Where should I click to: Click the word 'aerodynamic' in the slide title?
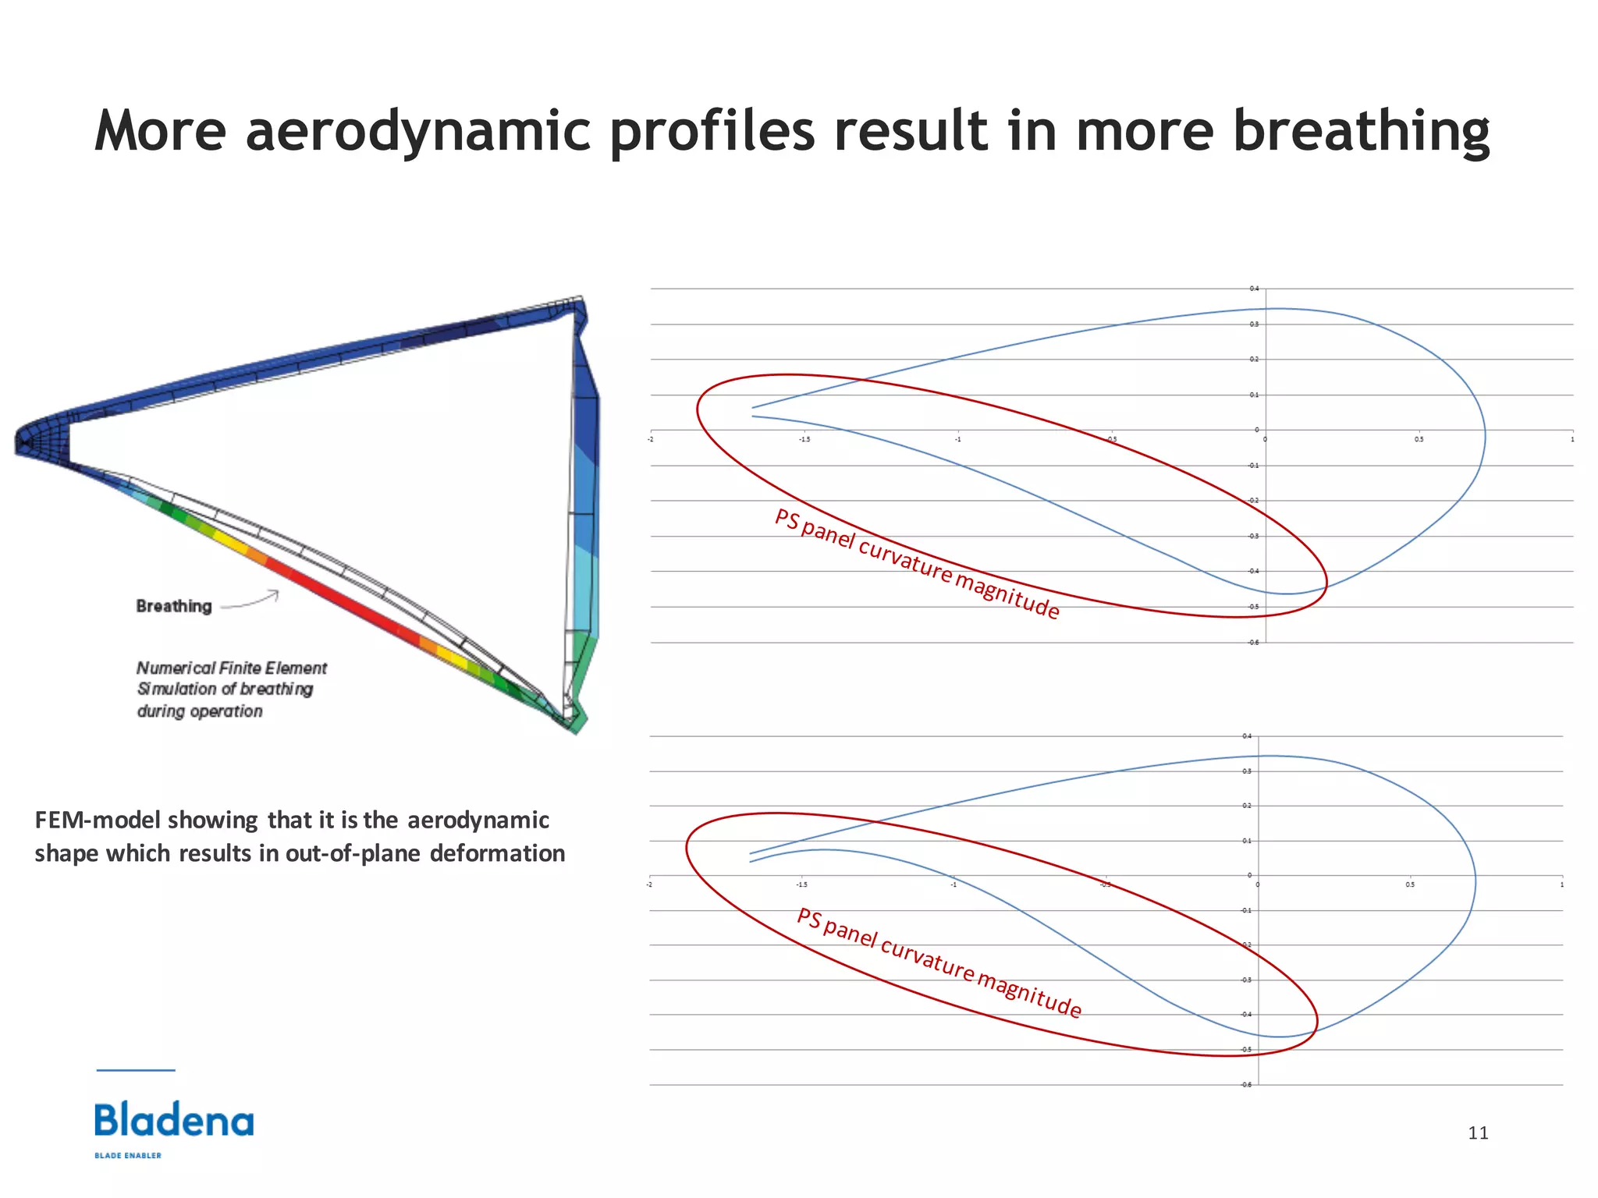click(x=417, y=131)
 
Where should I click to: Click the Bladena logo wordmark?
click(x=174, y=1121)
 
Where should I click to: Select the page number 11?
click(x=1478, y=1133)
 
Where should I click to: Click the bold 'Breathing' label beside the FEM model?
click(x=174, y=606)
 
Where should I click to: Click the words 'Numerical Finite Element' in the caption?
click(x=232, y=668)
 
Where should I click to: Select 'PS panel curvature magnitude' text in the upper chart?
click(x=917, y=563)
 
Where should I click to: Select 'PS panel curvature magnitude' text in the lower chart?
click(x=939, y=963)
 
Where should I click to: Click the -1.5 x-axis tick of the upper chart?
click(x=804, y=440)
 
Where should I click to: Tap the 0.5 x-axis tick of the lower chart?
click(x=1409, y=885)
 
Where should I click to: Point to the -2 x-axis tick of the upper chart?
click(x=651, y=440)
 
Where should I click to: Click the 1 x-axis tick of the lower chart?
click(x=1561, y=885)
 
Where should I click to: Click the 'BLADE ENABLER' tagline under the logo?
click(x=128, y=1156)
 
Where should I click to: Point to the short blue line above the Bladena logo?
click(x=136, y=1070)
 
